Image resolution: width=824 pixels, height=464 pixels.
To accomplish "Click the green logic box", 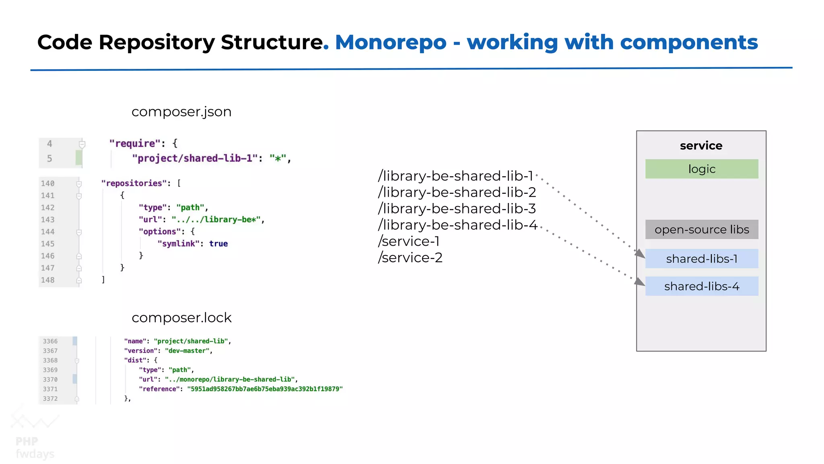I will pyautogui.click(x=701, y=169).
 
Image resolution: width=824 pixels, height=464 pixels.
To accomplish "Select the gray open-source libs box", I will pyautogui.click(x=701, y=229).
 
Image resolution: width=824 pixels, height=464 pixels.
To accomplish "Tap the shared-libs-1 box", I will pyautogui.click(x=701, y=259).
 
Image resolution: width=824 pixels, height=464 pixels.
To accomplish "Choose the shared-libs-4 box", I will pyautogui.click(x=701, y=286).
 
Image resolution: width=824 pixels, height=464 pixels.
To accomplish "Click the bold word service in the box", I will pyautogui.click(x=701, y=145).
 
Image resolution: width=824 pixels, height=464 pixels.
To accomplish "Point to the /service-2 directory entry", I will pyautogui.click(x=410, y=257).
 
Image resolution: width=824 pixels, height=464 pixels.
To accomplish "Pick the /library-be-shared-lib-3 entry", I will pyautogui.click(x=457, y=209).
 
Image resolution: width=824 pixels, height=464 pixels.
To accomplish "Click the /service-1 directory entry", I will pyautogui.click(x=408, y=241).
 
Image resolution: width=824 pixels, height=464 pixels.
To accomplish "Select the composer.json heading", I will pyautogui.click(x=181, y=112).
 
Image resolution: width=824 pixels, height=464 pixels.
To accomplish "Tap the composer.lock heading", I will pyautogui.click(x=181, y=318).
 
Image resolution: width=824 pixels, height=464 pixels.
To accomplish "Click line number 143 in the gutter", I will pyautogui.click(x=47, y=220).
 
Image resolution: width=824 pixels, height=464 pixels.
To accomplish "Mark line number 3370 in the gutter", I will pyautogui.click(x=50, y=379).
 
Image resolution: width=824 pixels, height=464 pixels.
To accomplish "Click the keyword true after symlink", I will pyautogui.click(x=218, y=244).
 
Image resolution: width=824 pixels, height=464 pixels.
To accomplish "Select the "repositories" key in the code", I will pyautogui.click(x=134, y=183).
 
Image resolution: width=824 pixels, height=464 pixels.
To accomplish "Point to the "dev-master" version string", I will pyautogui.click(x=187, y=351).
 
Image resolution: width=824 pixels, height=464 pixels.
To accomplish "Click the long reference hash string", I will pyautogui.click(x=265, y=389).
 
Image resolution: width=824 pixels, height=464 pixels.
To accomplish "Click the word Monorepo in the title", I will pyautogui.click(x=391, y=42).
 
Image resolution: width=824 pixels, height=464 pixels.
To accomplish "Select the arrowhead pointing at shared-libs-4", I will pyautogui.click(x=640, y=282).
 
